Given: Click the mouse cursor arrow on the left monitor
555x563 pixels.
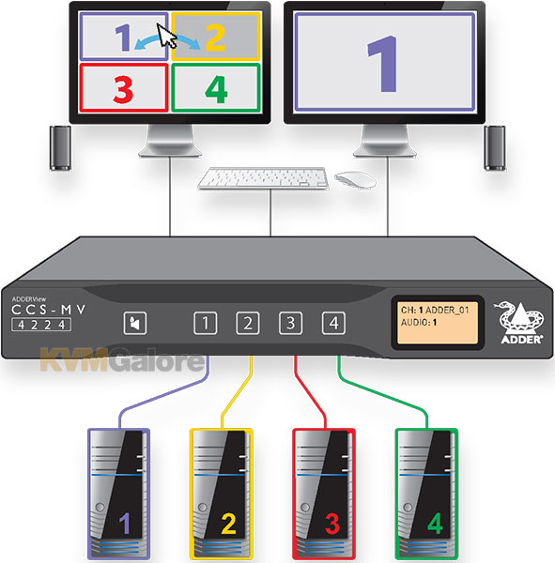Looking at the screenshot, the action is click(x=165, y=36).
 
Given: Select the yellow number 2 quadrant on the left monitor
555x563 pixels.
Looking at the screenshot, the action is click(x=216, y=37).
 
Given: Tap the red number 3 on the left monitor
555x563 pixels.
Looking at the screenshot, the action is click(x=123, y=90).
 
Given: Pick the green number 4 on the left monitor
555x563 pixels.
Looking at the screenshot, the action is click(x=216, y=90).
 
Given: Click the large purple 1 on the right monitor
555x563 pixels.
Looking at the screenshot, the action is click(x=383, y=64).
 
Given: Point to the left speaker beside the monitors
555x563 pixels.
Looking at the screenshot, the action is click(x=60, y=147).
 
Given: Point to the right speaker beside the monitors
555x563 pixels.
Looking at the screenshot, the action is click(x=495, y=147).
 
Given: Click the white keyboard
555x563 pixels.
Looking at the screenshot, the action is click(x=264, y=178).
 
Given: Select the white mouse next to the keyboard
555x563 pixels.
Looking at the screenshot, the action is click(x=355, y=179).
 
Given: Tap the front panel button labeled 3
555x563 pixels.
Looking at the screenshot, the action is click(x=290, y=323).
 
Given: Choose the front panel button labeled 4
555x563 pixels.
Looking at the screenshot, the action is click(x=333, y=323).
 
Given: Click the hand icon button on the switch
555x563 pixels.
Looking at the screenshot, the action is click(x=135, y=323).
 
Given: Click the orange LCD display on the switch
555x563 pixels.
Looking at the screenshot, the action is click(x=438, y=323).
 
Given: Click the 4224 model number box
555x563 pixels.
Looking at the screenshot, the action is click(x=41, y=325).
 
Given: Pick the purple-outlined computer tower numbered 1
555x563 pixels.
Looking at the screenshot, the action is click(x=118, y=494).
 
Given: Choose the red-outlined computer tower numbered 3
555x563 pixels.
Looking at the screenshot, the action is click(x=324, y=494).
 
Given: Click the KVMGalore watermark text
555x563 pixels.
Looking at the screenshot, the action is click(x=122, y=359).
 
